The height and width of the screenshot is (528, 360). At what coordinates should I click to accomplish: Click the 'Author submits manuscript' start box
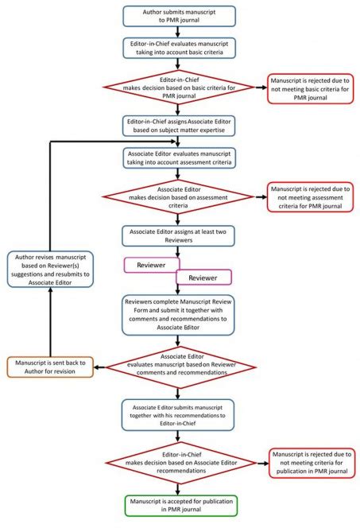(x=179, y=17)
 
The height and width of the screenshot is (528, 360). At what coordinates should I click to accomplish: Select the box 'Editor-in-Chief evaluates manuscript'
(x=179, y=49)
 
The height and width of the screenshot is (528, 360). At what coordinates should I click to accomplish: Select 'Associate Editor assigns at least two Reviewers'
(x=179, y=235)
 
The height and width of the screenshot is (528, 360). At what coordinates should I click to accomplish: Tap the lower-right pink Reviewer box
(x=203, y=277)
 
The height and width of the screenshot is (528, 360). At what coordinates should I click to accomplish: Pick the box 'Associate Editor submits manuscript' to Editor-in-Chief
(x=179, y=414)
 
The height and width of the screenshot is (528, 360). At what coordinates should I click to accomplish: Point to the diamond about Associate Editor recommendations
(x=179, y=464)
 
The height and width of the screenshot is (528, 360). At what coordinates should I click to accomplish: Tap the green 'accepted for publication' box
(x=179, y=507)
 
